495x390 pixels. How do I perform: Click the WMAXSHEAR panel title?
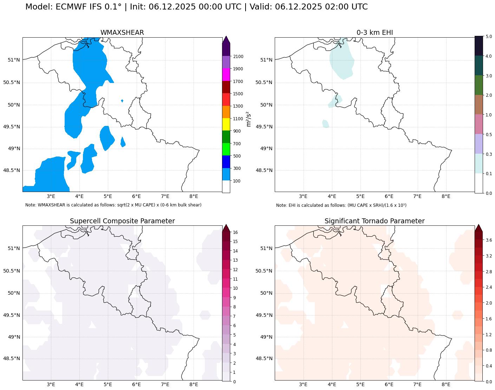122,33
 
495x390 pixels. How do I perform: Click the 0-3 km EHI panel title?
374,33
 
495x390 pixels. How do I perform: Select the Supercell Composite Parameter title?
122,221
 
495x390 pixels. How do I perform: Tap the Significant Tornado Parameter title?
374,221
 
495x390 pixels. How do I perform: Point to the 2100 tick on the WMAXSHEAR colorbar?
238,57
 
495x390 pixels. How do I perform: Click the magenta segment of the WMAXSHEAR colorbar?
226,75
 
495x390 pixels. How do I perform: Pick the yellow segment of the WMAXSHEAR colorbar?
226,124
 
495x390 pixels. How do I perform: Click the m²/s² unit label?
249,119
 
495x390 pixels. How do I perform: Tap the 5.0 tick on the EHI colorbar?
488,37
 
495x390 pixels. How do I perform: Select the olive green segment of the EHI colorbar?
479,85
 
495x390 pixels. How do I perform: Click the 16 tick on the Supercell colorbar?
235,232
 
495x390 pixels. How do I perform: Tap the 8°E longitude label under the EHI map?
446,196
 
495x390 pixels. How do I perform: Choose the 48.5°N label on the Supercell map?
12,359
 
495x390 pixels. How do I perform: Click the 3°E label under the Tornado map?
303,384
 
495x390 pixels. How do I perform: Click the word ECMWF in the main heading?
69,7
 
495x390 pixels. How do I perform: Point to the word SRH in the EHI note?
363,205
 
